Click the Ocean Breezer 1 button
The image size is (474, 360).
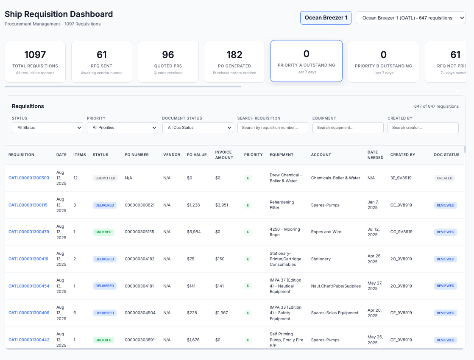326,18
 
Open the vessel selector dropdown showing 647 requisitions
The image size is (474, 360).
410,18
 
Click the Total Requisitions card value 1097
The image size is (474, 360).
35,55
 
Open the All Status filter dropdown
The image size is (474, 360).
47,127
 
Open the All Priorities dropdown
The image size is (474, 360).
122,127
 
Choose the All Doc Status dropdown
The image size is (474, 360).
198,127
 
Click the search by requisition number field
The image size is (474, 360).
273,127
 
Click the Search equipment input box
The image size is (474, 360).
348,127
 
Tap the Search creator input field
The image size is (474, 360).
423,127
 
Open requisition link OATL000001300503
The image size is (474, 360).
29,178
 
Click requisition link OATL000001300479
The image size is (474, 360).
29,232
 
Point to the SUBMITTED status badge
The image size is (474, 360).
105,178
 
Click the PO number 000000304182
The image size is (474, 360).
139,259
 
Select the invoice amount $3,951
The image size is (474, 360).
222,205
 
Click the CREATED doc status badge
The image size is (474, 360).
444,178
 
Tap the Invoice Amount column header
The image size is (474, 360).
224,155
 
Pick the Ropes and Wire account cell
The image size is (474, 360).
326,232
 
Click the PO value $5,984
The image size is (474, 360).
194,232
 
